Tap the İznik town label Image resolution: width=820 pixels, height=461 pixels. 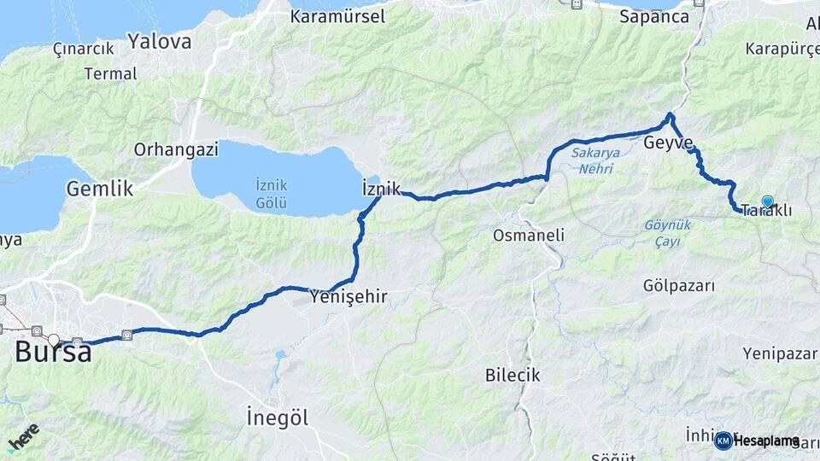pyautogui.click(x=381, y=188)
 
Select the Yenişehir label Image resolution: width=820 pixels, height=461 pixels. pyautogui.click(x=348, y=297)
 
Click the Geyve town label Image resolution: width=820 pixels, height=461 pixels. pyautogui.click(x=668, y=143)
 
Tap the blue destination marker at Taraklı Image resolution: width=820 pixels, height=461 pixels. pyautogui.click(x=767, y=201)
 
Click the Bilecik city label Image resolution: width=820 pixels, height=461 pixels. pyautogui.click(x=512, y=375)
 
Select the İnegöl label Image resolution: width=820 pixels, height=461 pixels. pyautogui.click(x=278, y=417)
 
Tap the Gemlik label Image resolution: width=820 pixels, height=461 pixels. pyautogui.click(x=100, y=189)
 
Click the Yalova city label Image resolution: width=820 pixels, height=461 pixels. pyautogui.click(x=160, y=40)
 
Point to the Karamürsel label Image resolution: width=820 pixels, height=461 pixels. pyautogui.click(x=337, y=15)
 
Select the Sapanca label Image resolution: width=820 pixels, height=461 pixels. pyautogui.click(x=653, y=15)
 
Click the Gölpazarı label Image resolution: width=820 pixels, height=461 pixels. pyautogui.click(x=678, y=286)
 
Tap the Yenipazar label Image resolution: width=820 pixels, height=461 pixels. pyautogui.click(x=779, y=353)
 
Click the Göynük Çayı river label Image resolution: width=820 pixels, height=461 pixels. pyautogui.click(x=666, y=232)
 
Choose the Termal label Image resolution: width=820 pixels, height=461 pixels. pyautogui.click(x=110, y=73)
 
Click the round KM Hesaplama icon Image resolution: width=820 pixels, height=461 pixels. pyautogui.click(x=723, y=441)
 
